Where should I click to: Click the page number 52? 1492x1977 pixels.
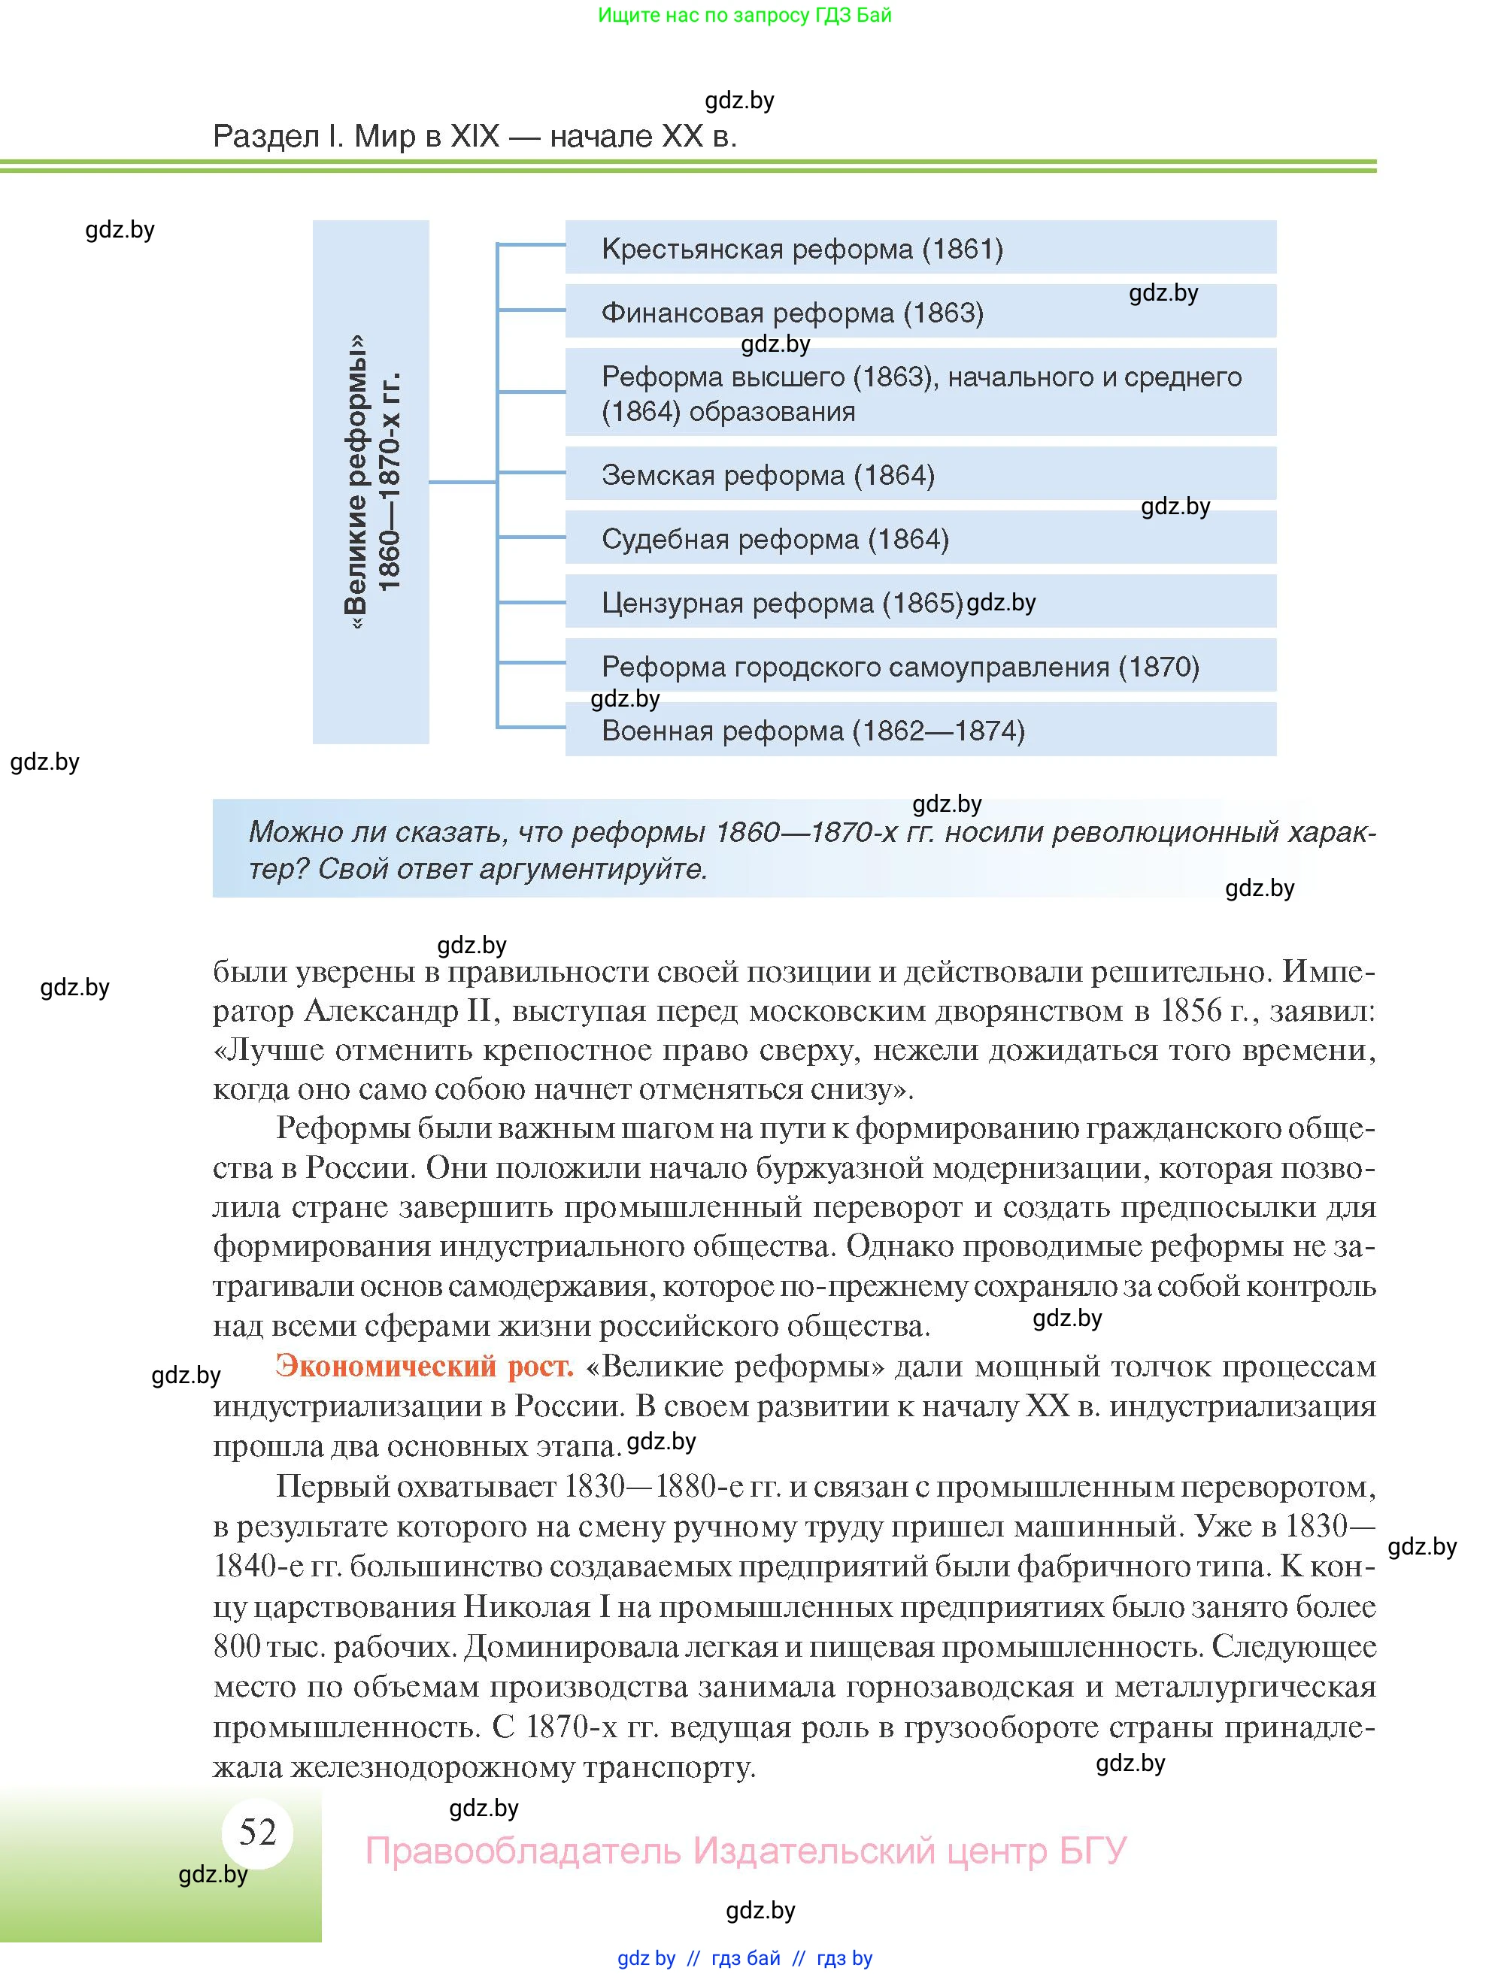click(x=257, y=1832)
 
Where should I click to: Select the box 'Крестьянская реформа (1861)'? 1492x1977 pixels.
click(x=920, y=247)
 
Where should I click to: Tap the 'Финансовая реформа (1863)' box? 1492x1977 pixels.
click(x=920, y=312)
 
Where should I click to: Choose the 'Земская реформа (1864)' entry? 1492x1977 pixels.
click(x=920, y=474)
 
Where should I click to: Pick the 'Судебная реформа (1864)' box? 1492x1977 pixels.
click(x=920, y=539)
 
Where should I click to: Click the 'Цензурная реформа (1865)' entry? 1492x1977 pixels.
click(x=920, y=602)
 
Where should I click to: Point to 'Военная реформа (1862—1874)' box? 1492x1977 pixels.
click(x=920, y=730)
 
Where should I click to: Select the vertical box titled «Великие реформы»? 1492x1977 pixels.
click(x=371, y=483)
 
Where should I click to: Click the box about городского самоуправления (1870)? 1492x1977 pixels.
click(x=920, y=667)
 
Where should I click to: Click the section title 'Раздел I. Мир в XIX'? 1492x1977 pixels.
click(x=475, y=137)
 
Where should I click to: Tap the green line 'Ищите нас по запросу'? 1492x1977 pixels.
click(x=744, y=15)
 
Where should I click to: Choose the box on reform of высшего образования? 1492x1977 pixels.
click(x=920, y=393)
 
